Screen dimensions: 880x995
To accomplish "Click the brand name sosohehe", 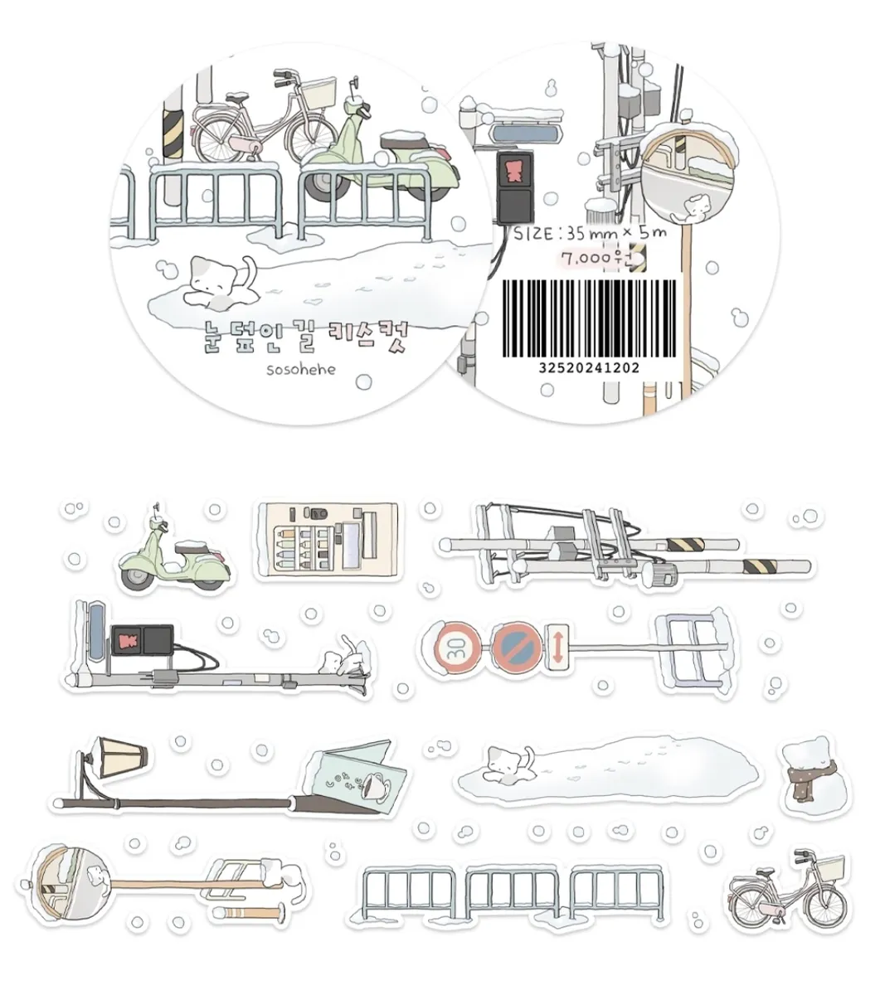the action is pos(301,369).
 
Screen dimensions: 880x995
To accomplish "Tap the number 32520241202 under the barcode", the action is pos(589,368).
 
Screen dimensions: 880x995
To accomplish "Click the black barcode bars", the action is pos(589,318).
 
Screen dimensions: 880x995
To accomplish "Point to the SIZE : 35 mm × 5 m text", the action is pos(590,233).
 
